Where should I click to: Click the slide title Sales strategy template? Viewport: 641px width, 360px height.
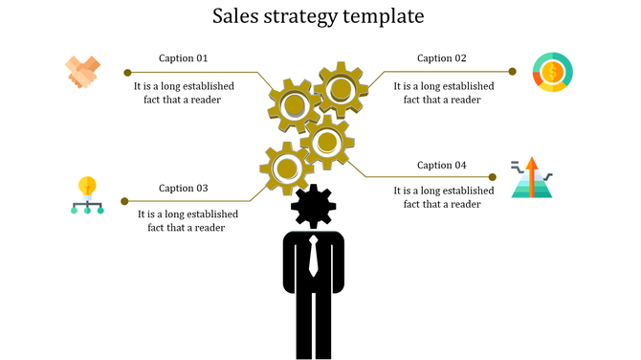320,16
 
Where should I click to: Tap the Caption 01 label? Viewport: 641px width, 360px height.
184,58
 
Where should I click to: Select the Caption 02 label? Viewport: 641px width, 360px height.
442,58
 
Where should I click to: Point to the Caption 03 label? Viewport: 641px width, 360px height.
184,188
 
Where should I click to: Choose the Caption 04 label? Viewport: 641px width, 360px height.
442,165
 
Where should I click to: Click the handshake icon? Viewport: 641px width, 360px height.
83,73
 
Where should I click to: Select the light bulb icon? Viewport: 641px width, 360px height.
88,194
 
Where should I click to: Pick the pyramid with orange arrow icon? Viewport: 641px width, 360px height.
531,178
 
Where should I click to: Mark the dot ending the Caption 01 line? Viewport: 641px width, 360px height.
127,72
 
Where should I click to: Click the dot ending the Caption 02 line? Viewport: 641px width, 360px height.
512,71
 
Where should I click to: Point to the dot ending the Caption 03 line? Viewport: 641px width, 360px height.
124,201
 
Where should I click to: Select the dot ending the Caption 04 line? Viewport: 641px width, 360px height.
494,177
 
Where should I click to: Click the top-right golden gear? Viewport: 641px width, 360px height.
340,90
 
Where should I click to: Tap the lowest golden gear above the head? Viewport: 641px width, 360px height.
286,169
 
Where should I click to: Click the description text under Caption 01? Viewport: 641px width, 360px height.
185,92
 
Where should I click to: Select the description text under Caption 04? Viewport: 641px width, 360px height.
444,197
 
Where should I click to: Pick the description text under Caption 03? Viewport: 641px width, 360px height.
188,220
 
